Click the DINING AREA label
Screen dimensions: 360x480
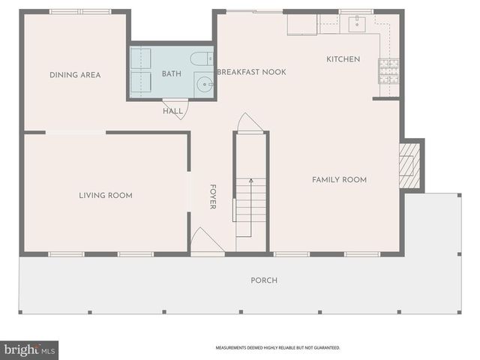tap(75, 75)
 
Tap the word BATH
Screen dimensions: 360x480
tap(172, 73)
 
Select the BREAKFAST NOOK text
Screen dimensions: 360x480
tap(251, 72)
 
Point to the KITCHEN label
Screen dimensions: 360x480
tap(343, 59)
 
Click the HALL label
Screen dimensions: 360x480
tap(172, 112)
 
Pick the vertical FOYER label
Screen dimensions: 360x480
tap(213, 196)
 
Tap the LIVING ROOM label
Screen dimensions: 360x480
tap(106, 196)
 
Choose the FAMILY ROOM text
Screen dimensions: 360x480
tap(339, 180)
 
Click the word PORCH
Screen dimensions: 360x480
tap(263, 280)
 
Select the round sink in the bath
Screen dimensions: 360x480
tap(204, 84)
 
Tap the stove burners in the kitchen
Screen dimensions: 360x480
tap(389, 70)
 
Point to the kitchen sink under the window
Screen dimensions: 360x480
tap(356, 23)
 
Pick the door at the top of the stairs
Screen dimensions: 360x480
tap(250, 123)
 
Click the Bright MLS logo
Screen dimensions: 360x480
tap(29, 349)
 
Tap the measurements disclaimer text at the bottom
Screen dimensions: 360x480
tap(277, 348)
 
